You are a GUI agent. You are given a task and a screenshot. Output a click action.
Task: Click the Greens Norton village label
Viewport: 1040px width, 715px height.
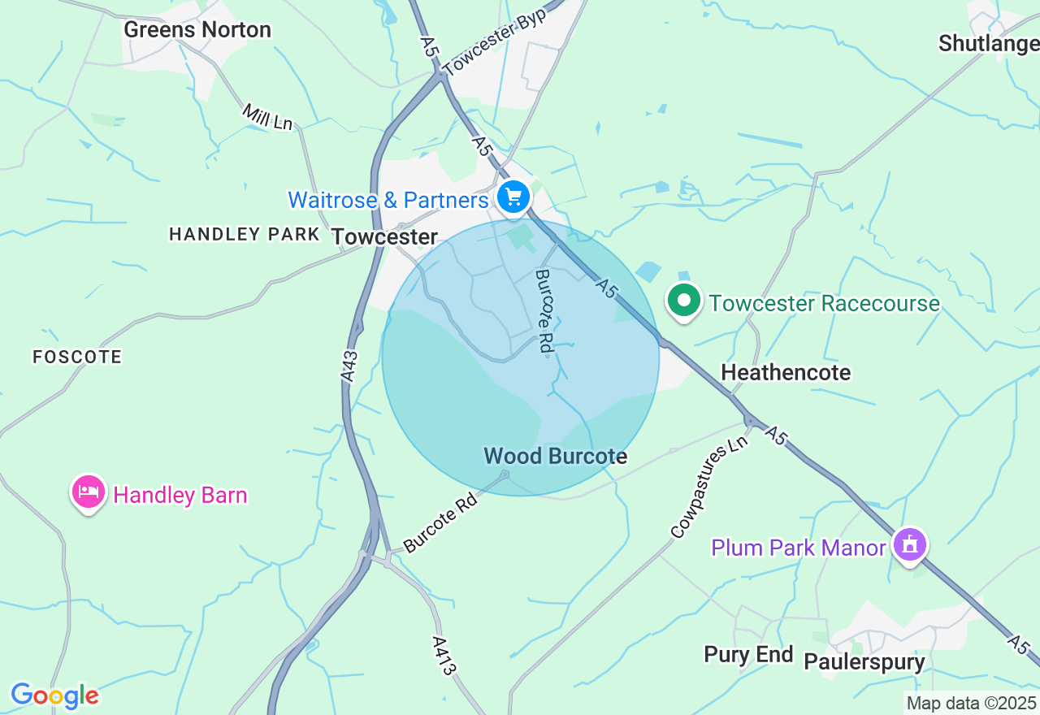pos(197,30)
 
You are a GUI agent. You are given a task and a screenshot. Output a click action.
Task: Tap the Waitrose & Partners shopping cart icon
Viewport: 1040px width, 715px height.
pos(513,197)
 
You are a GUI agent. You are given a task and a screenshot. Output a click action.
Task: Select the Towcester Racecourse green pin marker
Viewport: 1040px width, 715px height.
pos(684,301)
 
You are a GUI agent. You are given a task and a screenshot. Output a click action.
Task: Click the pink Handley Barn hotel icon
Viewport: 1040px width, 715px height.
pos(89,492)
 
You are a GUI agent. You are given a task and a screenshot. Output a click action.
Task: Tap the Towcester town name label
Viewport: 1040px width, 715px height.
pos(384,237)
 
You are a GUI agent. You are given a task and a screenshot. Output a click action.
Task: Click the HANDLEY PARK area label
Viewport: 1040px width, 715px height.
pos(244,234)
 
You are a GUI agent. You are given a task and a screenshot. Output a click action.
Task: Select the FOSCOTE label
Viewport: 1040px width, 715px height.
pos(77,357)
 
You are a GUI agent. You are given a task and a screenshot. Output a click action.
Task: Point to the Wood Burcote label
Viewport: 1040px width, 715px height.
pos(556,456)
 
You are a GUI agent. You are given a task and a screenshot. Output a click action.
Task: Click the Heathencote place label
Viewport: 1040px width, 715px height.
pos(786,372)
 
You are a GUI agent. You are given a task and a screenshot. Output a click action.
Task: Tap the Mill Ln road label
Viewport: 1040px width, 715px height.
pos(267,117)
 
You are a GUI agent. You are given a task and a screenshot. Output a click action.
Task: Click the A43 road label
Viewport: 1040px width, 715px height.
pos(349,366)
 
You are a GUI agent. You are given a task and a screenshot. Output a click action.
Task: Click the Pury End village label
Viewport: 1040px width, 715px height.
pos(748,655)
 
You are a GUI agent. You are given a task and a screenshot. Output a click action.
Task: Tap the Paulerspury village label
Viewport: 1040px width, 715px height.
pos(864,661)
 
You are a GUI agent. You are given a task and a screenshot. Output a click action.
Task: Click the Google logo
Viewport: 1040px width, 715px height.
pos(54,695)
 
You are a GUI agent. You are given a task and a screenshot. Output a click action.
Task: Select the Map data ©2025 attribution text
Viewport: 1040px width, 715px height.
pos(971,703)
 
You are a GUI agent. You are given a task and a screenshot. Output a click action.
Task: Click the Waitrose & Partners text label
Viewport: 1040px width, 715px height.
pos(388,199)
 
